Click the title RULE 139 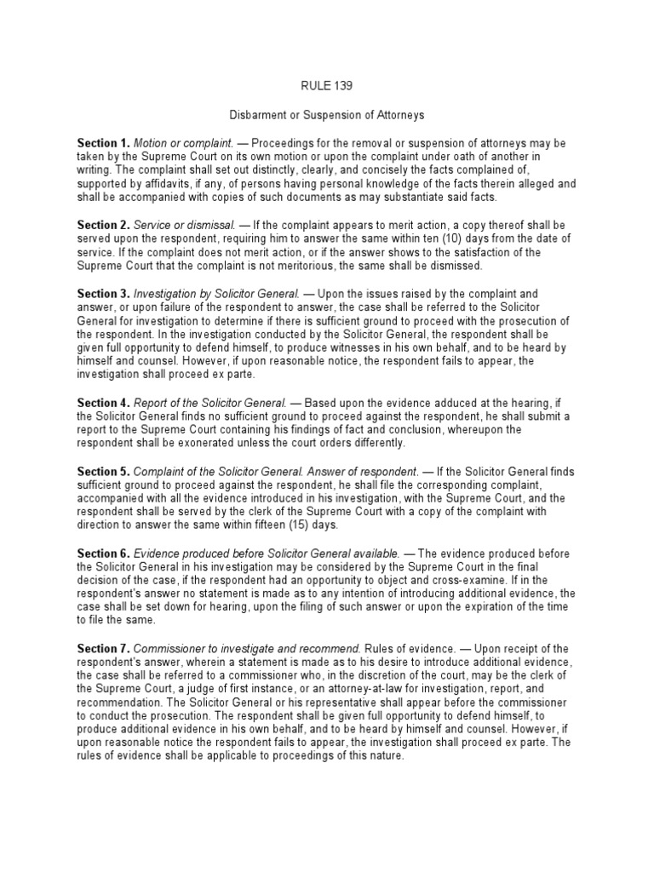point(327,85)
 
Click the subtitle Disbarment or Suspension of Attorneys point(327,113)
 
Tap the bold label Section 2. point(103,224)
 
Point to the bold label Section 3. point(103,294)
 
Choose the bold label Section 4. point(103,402)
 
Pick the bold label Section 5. point(103,471)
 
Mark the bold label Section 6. point(103,554)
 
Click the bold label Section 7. point(103,650)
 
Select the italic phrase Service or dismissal point(179,224)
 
